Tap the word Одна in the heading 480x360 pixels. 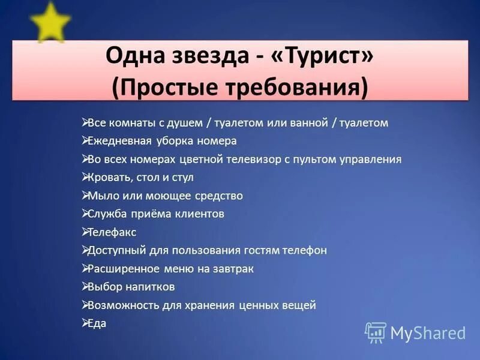[133, 58]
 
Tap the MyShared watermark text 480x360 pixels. [428, 333]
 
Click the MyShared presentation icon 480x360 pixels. [376, 332]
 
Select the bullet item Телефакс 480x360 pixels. [112, 232]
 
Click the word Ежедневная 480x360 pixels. [117, 141]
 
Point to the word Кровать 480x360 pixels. [109, 178]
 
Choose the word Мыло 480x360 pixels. [101, 196]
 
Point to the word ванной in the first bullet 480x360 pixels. [301, 123]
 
